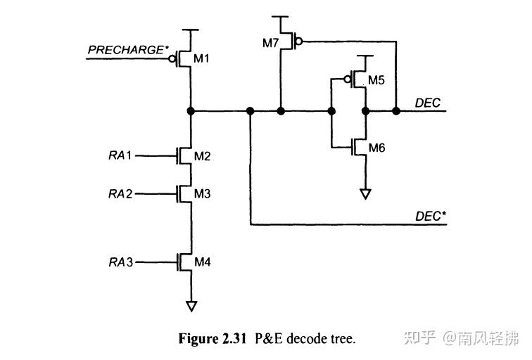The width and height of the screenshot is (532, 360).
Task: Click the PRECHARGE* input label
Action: (x=126, y=50)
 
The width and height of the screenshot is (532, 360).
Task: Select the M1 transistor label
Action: (x=202, y=58)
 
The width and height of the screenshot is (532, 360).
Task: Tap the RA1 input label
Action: (x=120, y=155)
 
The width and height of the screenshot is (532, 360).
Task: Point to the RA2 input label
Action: (x=120, y=193)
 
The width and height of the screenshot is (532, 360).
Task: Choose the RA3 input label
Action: (x=120, y=262)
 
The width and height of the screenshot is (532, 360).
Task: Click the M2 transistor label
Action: (x=202, y=155)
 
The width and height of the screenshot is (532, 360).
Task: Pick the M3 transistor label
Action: (x=202, y=193)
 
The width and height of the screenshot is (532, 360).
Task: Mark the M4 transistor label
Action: (x=202, y=262)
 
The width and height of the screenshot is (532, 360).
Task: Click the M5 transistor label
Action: (x=376, y=80)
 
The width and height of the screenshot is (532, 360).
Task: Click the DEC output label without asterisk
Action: (x=428, y=103)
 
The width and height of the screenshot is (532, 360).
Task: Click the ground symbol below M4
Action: (x=191, y=306)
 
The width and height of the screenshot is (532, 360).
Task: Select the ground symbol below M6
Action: (x=365, y=193)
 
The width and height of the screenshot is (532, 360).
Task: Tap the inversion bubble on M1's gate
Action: (x=172, y=58)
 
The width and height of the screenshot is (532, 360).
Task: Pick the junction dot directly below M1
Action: (x=191, y=111)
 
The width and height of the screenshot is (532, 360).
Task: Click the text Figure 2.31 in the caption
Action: (x=212, y=339)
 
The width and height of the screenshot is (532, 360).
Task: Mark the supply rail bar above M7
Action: (x=281, y=17)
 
